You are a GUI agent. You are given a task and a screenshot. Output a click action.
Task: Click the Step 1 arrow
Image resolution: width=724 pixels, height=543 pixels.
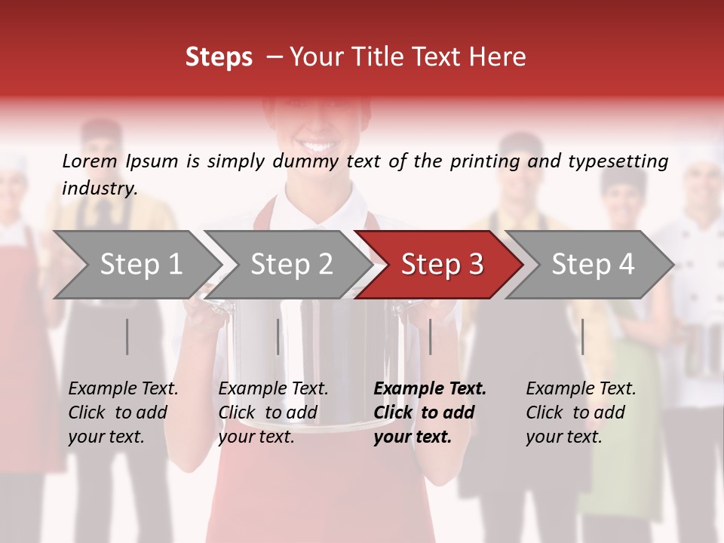pyautogui.click(x=136, y=265)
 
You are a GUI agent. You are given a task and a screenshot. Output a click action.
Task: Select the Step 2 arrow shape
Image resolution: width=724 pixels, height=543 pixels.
pyautogui.click(x=287, y=265)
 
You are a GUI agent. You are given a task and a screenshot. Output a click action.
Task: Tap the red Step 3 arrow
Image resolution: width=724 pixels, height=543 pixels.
pyautogui.click(x=438, y=265)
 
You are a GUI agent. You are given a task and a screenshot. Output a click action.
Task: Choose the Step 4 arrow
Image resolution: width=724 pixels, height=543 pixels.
pyautogui.click(x=589, y=265)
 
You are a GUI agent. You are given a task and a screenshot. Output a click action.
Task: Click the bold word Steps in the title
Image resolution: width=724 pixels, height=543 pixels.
pyautogui.click(x=219, y=57)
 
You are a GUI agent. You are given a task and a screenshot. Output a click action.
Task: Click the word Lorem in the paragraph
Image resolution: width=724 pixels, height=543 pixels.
pyautogui.click(x=90, y=161)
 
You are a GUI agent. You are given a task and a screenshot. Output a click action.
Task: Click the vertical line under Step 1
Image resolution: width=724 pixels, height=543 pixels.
pyautogui.click(x=127, y=336)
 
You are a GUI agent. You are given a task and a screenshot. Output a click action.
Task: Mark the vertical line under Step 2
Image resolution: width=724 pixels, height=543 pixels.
pyautogui.click(x=278, y=336)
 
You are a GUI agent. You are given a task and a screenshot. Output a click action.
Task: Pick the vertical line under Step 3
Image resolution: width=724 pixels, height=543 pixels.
pyautogui.click(x=430, y=336)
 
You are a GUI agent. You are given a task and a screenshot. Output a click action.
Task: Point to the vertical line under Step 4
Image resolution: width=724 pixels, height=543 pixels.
pyautogui.click(x=582, y=336)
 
